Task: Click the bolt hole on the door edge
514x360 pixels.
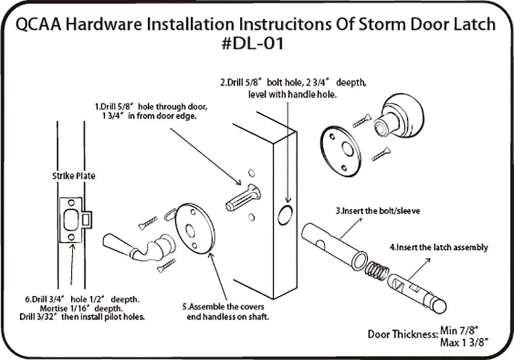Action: [x=285, y=215]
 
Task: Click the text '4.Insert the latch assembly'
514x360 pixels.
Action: [x=439, y=247]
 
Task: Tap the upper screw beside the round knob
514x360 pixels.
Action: [x=363, y=121]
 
